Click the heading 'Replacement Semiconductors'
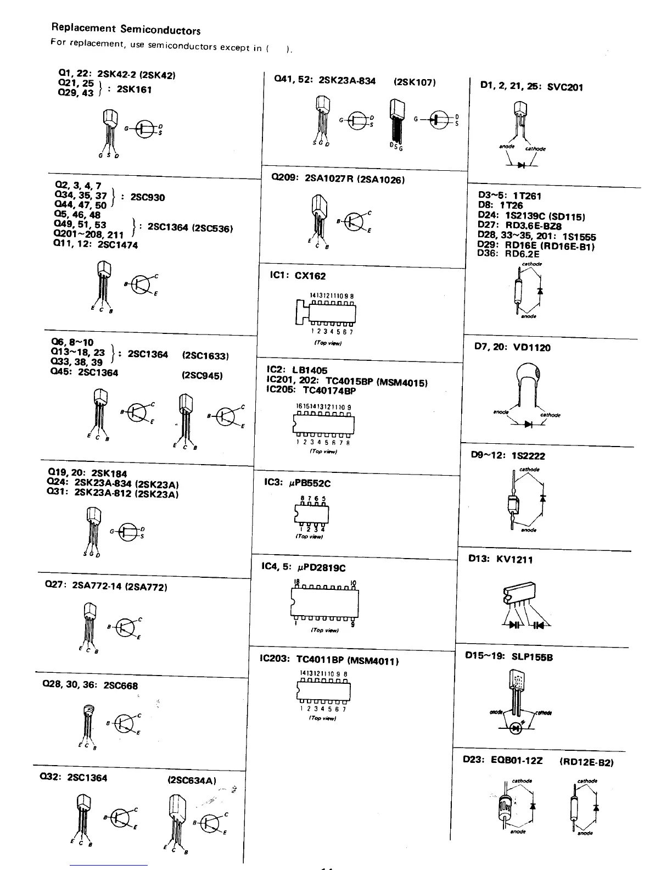coord(126,29)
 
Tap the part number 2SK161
coord(134,89)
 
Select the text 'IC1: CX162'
coord(296,276)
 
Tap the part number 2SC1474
coord(117,245)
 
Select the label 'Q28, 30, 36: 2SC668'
coord(90,685)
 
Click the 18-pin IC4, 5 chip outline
coord(324,603)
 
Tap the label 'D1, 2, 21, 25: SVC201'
coord(531,86)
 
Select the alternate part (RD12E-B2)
coord(586,762)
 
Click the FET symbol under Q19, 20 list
coord(130,531)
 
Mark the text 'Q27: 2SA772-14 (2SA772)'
coord(105,585)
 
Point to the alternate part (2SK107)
coord(415,82)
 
